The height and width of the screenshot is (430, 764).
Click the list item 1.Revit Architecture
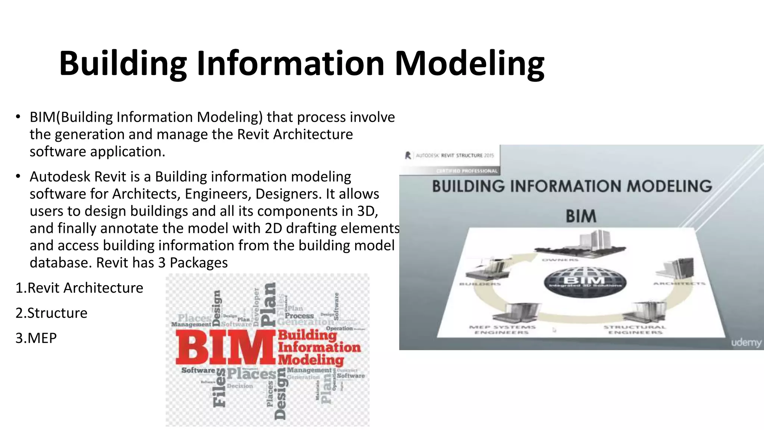(79, 288)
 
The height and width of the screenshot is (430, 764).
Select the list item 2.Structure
(51, 313)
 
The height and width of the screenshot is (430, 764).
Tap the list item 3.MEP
(36, 338)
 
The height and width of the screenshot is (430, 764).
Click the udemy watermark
(746, 342)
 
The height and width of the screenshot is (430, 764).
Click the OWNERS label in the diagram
(560, 260)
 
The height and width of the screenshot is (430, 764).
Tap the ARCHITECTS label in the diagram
(679, 284)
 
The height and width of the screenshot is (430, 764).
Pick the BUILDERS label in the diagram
(480, 284)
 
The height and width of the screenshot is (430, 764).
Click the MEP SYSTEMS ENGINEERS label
(502, 330)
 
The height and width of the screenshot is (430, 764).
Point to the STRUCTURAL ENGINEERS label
(635, 330)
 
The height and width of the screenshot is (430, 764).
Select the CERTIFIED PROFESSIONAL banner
(467, 171)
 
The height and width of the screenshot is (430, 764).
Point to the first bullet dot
(18, 117)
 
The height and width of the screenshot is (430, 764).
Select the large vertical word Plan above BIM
(269, 304)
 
